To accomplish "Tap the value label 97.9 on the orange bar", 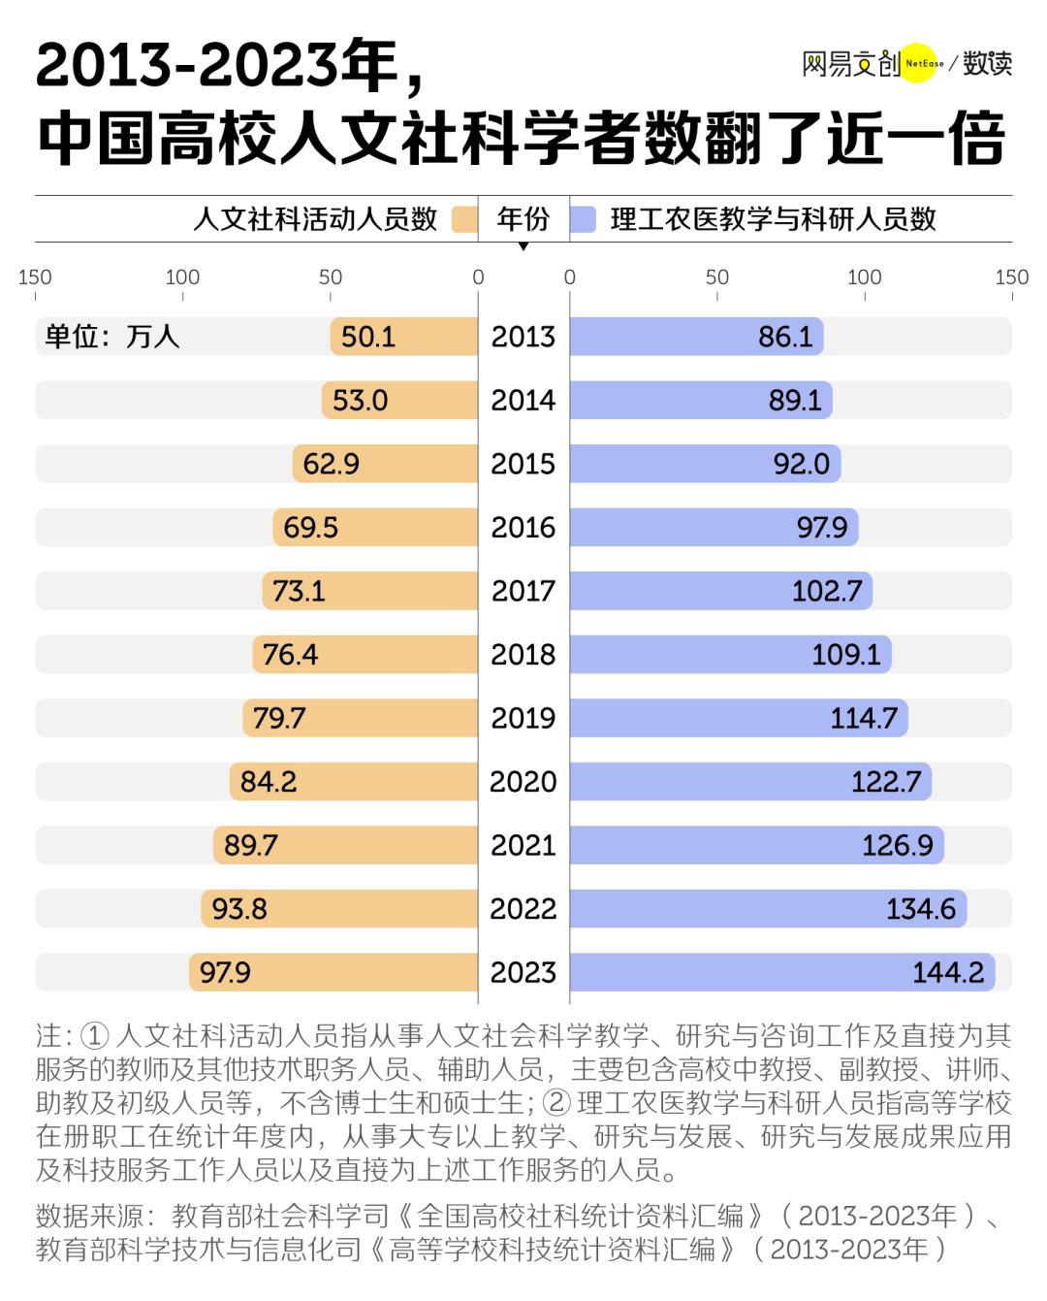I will point(225,972).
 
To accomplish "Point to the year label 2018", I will point(523,655).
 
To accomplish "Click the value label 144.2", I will point(948,972).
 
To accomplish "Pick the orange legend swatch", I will point(465,219).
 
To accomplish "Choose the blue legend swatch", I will point(583,219).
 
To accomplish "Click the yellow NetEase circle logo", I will point(923,65).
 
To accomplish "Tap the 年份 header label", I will point(523,219).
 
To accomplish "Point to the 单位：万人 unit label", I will point(112,337).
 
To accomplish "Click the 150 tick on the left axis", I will point(35,277).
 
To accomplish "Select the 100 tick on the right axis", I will point(864,277).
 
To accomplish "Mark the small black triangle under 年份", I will point(523,246).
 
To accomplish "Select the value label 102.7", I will point(827,591).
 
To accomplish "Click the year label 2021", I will point(523,846).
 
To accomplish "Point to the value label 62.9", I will point(331,464).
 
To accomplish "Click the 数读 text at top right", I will point(987,64).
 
